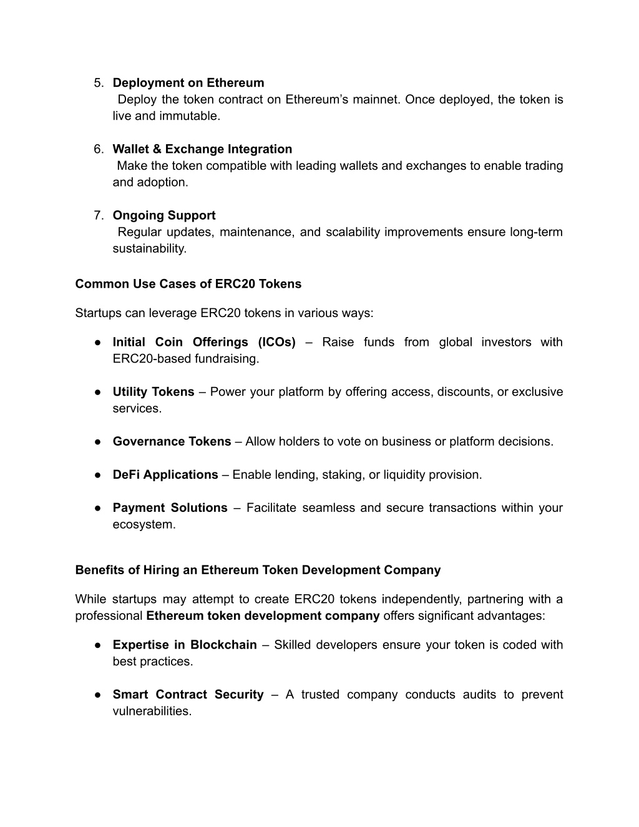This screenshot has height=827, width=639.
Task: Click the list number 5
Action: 99,83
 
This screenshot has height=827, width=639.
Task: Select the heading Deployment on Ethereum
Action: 188,83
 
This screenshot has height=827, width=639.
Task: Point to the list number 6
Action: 99,149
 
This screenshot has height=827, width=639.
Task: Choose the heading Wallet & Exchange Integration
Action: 202,149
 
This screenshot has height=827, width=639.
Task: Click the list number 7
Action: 99,215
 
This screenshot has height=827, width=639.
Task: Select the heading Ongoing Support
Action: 164,215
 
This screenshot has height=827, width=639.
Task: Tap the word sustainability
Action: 149,248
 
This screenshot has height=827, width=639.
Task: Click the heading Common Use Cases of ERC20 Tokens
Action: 188,284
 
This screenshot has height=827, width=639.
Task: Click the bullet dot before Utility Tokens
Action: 99,392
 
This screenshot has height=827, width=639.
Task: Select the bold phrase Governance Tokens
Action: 172,442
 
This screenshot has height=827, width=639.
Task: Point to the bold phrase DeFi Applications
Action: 165,475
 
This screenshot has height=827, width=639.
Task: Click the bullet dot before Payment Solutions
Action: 99,508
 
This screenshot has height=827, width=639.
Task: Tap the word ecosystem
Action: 144,525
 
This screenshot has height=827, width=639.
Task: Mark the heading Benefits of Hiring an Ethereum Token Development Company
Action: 258,570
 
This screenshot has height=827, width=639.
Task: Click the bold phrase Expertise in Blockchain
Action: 185,645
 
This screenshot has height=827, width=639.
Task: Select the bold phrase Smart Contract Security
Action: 188,695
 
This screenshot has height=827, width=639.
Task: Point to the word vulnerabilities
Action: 152,712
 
